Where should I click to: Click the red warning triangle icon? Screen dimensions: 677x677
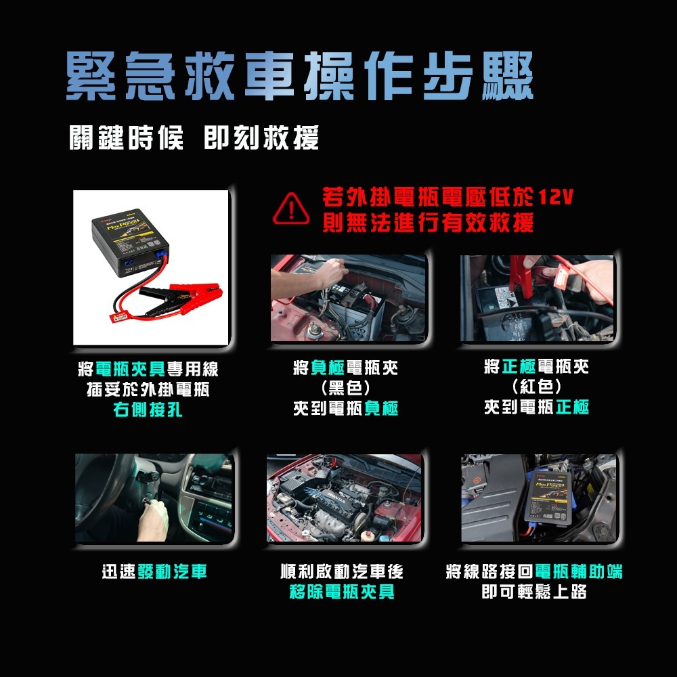point(292,209)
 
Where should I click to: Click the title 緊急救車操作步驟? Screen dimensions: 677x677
point(299,76)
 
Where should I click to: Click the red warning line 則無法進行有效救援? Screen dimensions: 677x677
point(428,222)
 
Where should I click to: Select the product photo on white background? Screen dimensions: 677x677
point(151,267)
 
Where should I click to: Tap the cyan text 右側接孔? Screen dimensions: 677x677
point(148,410)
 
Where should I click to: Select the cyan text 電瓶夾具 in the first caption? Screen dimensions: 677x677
point(130,370)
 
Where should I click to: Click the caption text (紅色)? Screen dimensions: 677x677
point(537,387)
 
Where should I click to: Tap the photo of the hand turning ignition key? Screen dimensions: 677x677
point(154,498)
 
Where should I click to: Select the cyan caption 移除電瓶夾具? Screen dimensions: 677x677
point(341,593)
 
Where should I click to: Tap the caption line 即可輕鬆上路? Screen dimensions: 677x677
point(533,593)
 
